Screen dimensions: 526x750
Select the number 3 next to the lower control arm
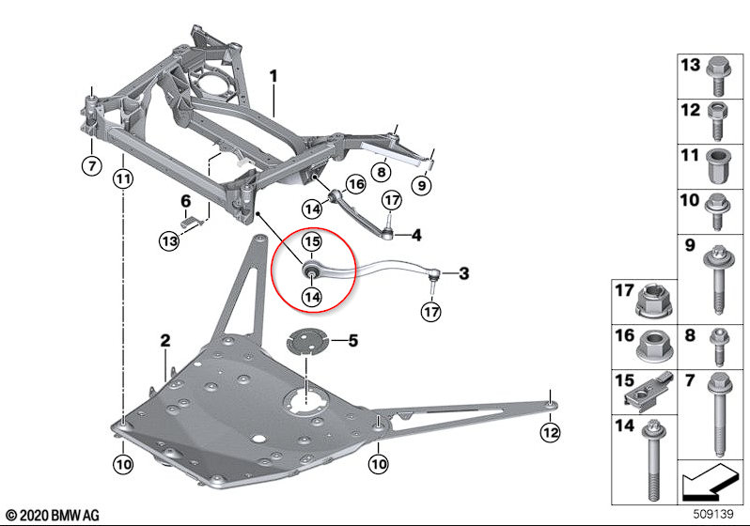[463, 274]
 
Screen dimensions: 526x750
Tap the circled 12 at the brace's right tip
[549, 432]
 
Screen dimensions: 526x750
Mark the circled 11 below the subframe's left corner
[124, 178]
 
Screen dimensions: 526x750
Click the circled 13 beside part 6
[168, 241]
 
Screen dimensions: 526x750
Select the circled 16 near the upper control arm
[356, 184]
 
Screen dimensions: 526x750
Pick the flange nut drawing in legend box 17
[651, 302]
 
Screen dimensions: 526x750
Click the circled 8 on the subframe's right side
[381, 172]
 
